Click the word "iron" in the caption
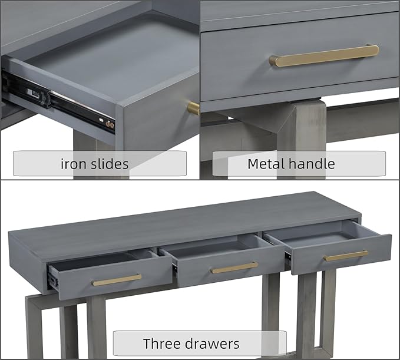[x=72, y=164]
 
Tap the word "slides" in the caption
[x=110, y=164]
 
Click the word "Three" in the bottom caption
[x=162, y=344]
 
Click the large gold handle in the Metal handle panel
[x=324, y=56]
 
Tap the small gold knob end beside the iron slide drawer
[x=193, y=108]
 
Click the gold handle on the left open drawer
[x=117, y=280]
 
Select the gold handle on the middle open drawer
[x=234, y=267]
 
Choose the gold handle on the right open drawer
[x=346, y=256]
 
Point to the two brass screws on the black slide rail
[x=110, y=125]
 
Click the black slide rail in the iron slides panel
[x=58, y=101]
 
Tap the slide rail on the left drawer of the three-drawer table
[x=53, y=280]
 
